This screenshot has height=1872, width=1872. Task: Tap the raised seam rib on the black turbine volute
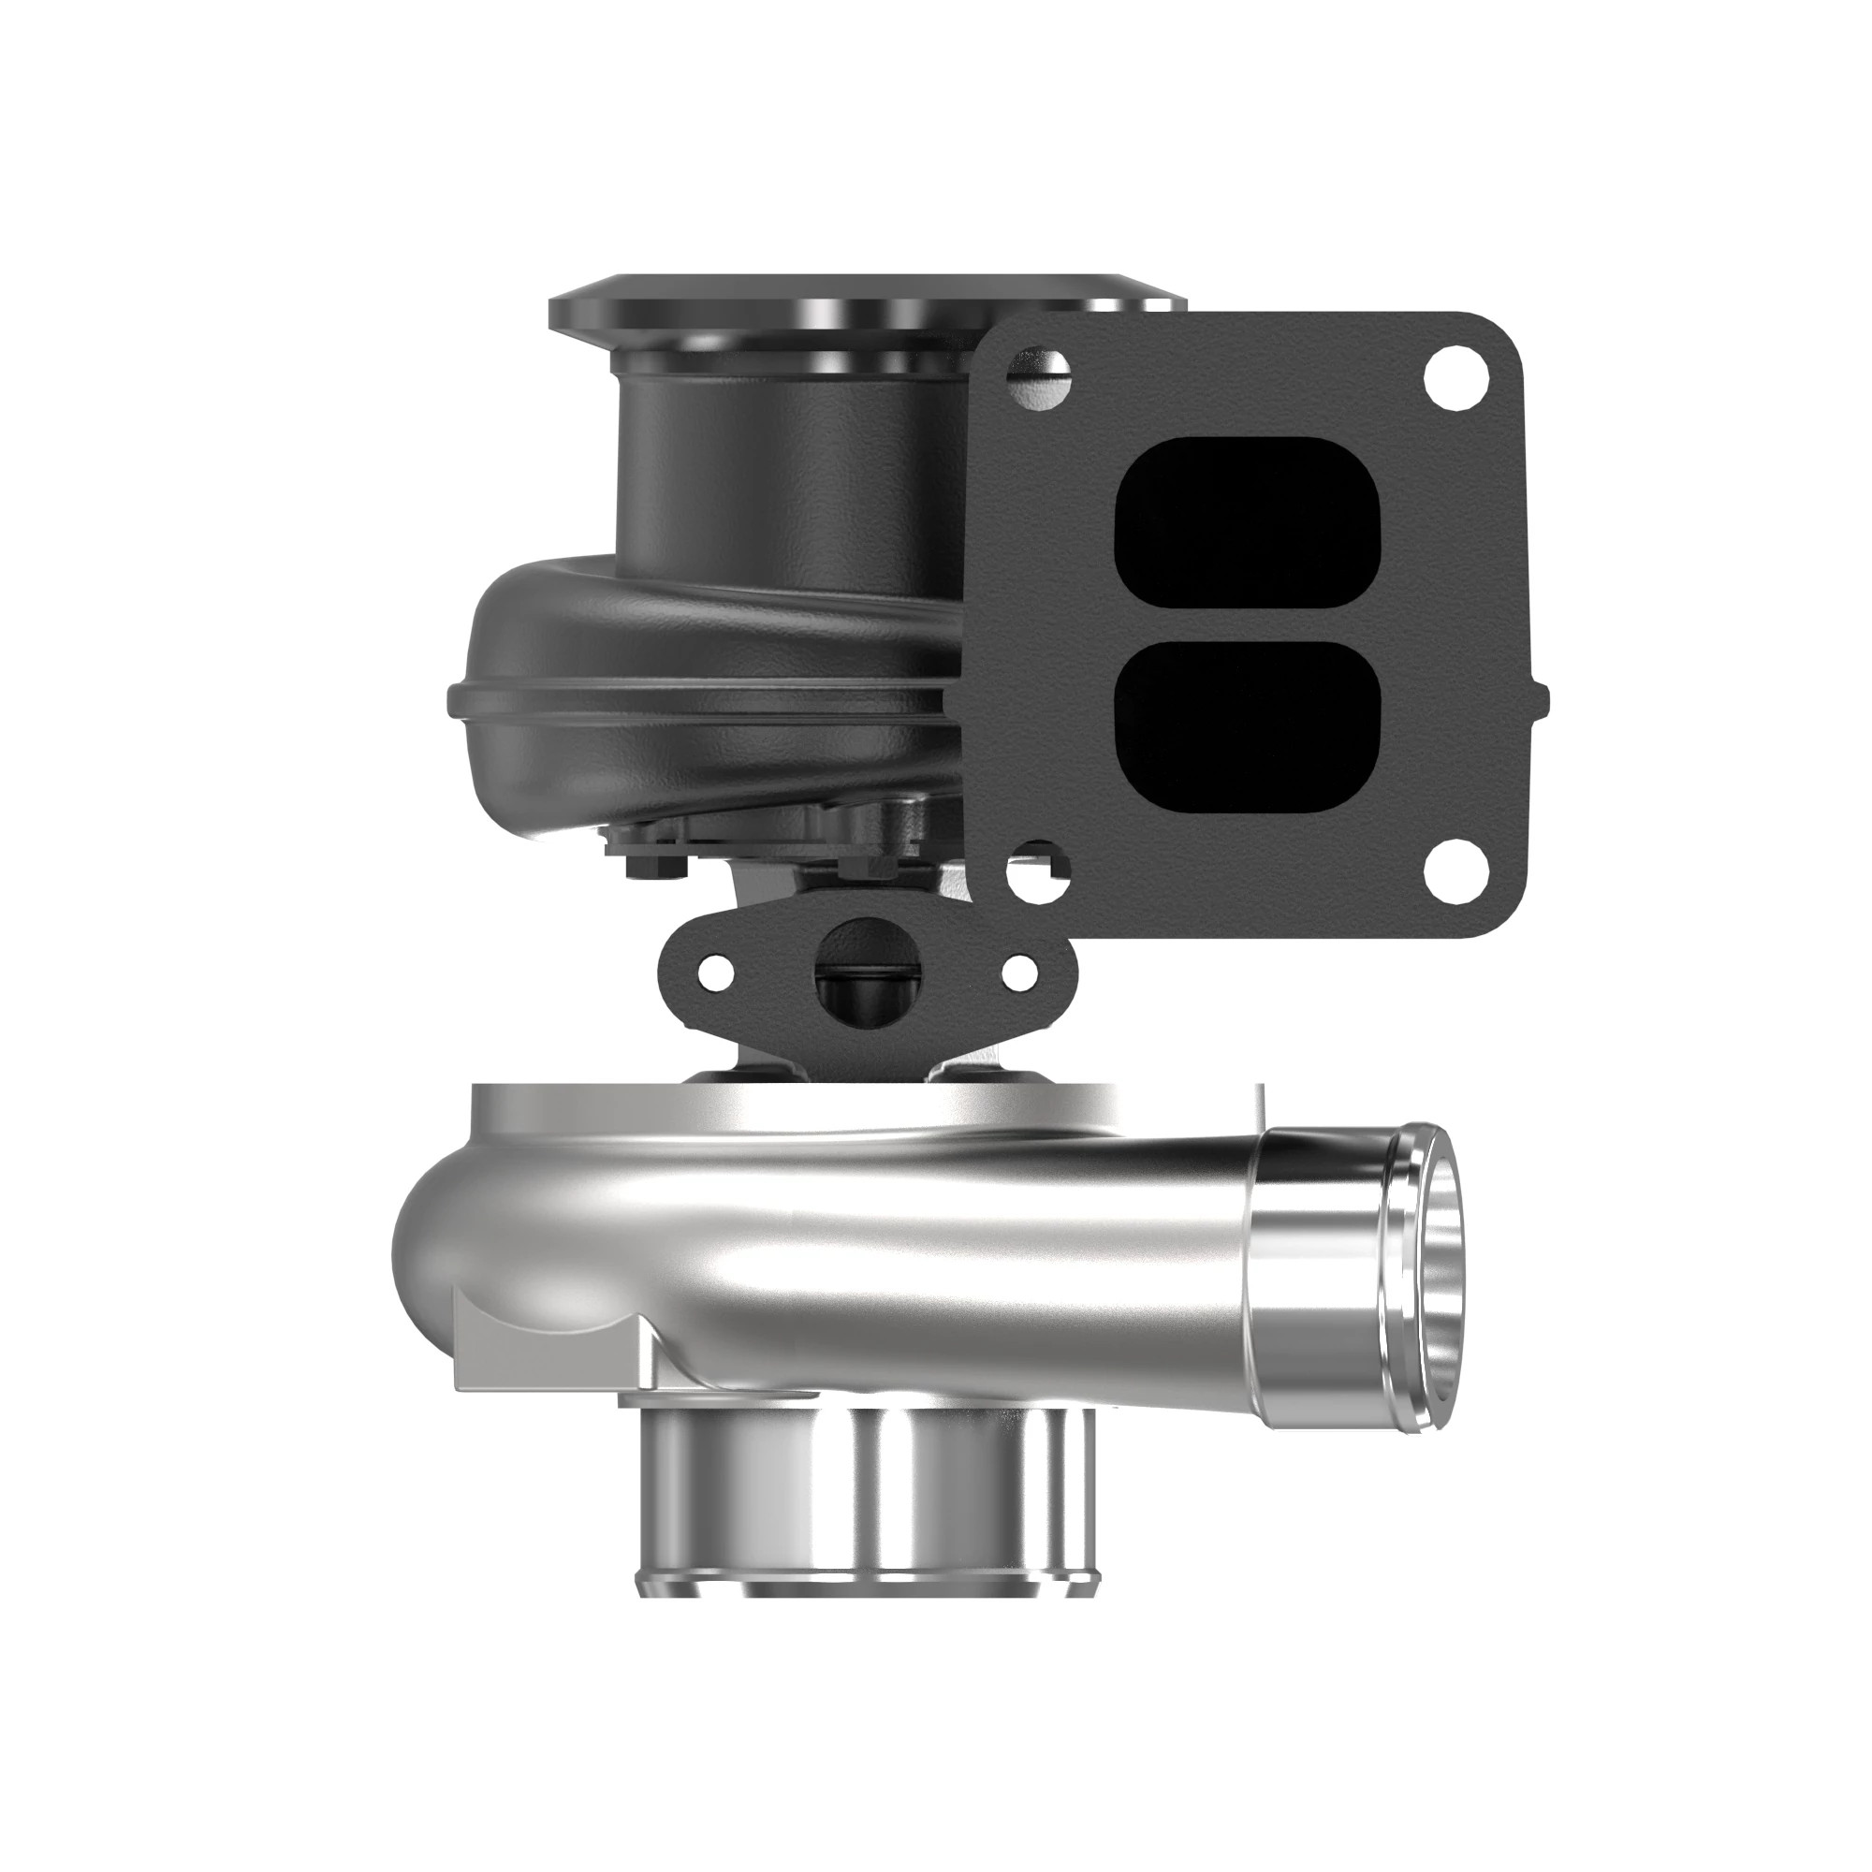697,692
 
